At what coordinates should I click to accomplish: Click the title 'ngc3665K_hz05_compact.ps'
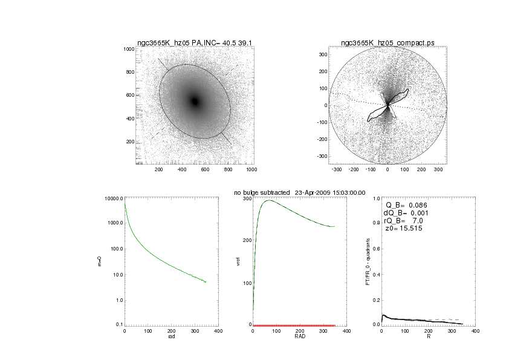pyautogui.click(x=387, y=43)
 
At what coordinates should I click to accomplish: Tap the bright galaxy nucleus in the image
pyautogui.click(x=195, y=101)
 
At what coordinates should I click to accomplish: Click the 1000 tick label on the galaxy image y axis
pyautogui.click(x=128, y=49)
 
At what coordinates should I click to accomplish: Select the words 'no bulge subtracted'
pyautogui.click(x=262, y=192)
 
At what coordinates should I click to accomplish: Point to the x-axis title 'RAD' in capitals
pyautogui.click(x=299, y=336)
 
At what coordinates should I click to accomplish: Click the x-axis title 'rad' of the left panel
pyautogui.click(x=171, y=336)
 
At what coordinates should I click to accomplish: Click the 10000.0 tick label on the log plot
pyautogui.click(x=114, y=198)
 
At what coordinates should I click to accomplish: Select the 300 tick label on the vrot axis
pyautogui.click(x=246, y=198)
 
